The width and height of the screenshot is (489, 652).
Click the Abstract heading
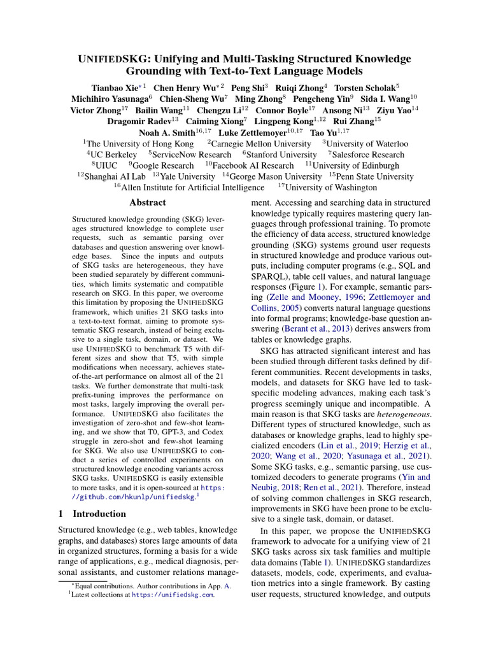148,202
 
